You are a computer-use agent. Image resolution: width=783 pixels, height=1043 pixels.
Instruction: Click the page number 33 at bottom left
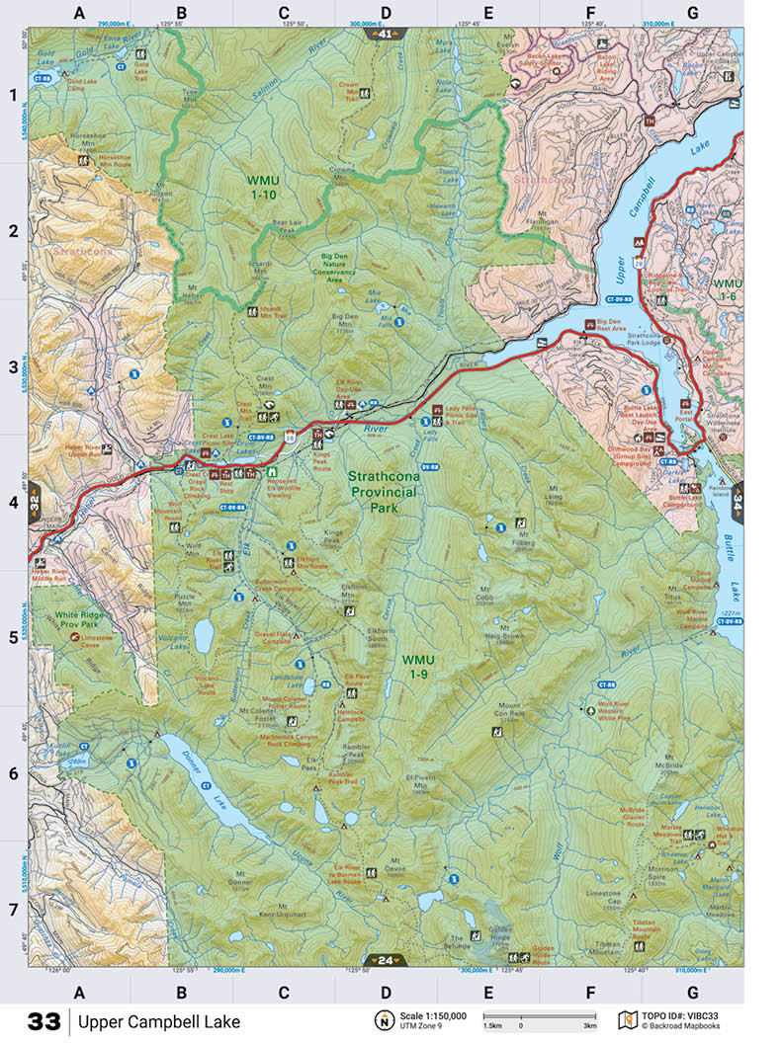[43, 1022]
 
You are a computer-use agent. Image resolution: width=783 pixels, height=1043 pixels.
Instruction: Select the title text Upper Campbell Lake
[159, 1022]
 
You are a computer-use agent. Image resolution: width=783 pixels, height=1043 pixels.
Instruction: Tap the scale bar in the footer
[538, 1016]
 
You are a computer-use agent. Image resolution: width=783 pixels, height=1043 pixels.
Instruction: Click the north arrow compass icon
[381, 1020]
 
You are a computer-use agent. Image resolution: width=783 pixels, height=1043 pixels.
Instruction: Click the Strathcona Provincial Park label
[385, 492]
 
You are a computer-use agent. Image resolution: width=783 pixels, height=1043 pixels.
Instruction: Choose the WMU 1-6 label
[727, 289]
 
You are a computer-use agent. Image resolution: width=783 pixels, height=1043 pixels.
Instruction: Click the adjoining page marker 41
[385, 34]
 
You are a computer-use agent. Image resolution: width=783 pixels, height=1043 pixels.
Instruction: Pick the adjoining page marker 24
[385, 959]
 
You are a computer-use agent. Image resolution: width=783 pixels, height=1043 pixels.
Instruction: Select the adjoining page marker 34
[738, 501]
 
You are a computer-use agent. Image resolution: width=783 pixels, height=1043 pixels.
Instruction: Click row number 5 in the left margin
[14, 637]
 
